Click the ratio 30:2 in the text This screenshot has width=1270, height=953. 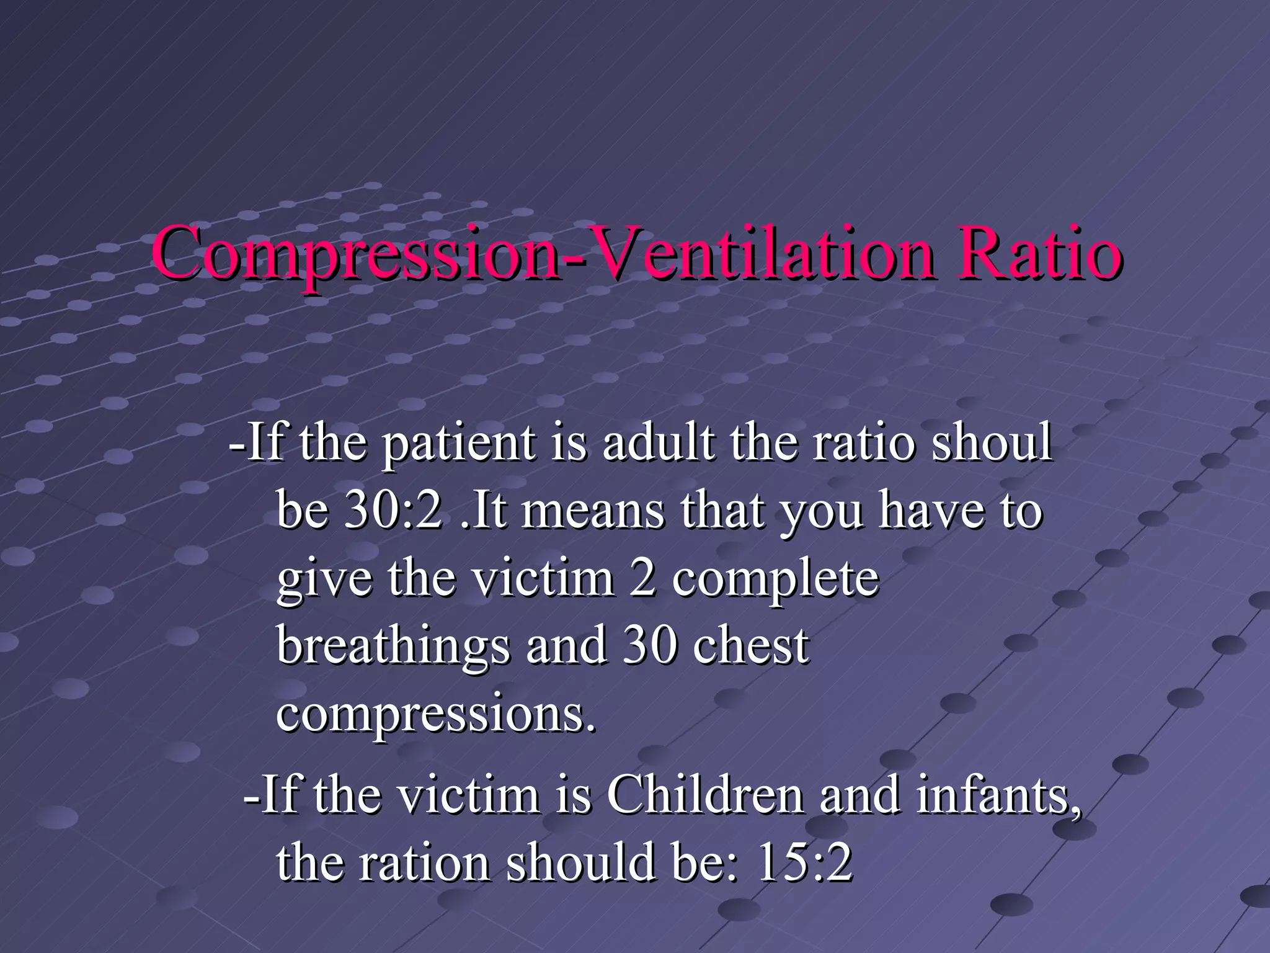click(x=394, y=511)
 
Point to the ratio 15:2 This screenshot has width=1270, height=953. click(x=804, y=863)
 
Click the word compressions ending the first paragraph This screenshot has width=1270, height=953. click(x=435, y=714)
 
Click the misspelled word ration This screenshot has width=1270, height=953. click(x=424, y=863)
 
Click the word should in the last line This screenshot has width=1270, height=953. click(x=581, y=863)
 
